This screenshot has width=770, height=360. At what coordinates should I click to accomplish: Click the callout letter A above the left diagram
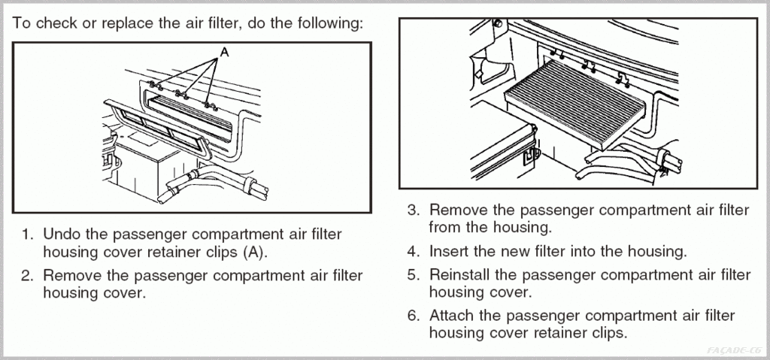coord(223,53)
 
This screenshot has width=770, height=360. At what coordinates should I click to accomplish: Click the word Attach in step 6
coord(452,316)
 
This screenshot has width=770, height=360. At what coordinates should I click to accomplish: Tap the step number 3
coord(413,210)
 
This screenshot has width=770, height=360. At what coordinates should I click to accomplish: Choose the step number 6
coord(413,316)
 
